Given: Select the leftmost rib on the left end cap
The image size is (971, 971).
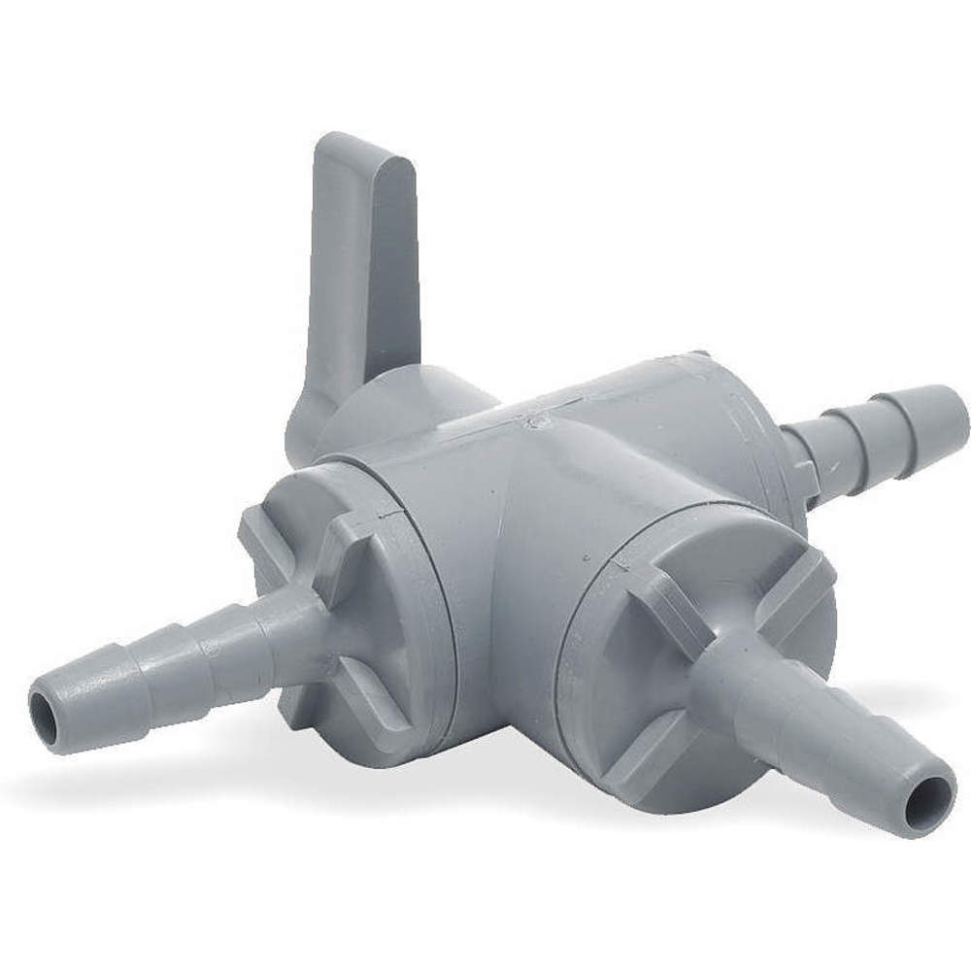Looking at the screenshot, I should point(267,544).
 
